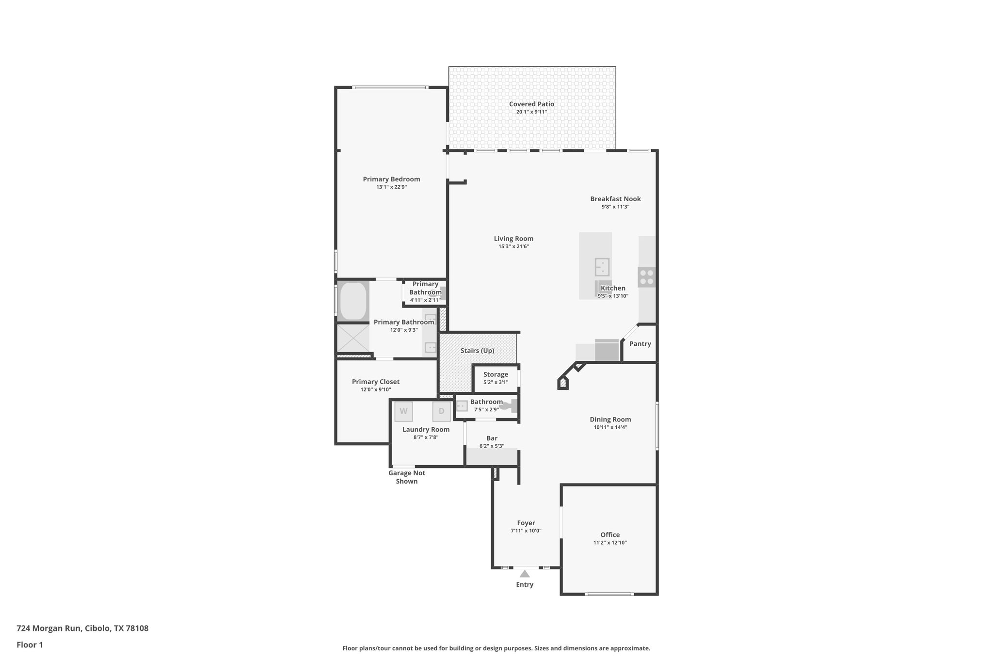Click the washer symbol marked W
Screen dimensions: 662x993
pyautogui.click(x=403, y=411)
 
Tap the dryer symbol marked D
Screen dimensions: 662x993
pyautogui.click(x=441, y=411)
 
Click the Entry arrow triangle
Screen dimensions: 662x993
pyautogui.click(x=525, y=574)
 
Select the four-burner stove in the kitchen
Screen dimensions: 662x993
pyautogui.click(x=646, y=277)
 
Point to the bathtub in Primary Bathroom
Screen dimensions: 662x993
pyautogui.click(x=353, y=301)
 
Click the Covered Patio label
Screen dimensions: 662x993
pyautogui.click(x=531, y=104)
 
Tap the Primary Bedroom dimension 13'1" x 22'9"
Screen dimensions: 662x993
pyautogui.click(x=391, y=187)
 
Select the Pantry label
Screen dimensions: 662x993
pyautogui.click(x=640, y=343)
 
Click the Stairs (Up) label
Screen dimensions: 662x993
pyautogui.click(x=478, y=350)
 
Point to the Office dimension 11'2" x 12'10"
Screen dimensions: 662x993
pyautogui.click(x=610, y=543)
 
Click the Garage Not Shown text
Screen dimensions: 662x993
pyautogui.click(x=406, y=477)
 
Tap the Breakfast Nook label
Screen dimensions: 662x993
pyautogui.click(x=615, y=198)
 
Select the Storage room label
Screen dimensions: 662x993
pyautogui.click(x=496, y=374)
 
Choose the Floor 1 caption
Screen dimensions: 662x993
pyautogui.click(x=30, y=645)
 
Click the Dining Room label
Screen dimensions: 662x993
pyautogui.click(x=610, y=420)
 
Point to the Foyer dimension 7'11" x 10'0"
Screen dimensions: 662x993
pyautogui.click(x=526, y=531)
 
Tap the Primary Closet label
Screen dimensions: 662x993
pyautogui.click(x=376, y=382)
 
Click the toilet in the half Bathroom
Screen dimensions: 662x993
pyautogui.click(x=509, y=406)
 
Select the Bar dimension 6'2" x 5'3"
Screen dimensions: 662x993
pyautogui.click(x=492, y=446)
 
